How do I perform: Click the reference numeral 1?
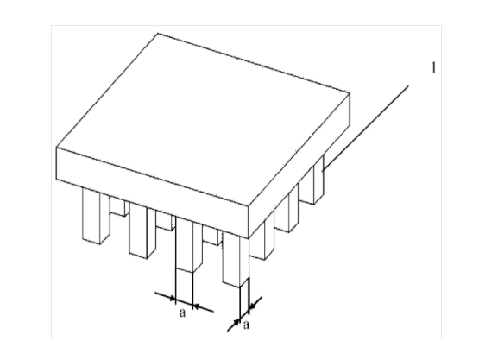point(434,68)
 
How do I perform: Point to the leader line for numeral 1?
point(366,128)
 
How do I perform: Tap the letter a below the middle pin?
point(182,313)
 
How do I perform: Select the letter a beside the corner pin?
point(246,325)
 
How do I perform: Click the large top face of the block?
point(203,119)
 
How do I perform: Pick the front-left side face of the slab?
point(152,193)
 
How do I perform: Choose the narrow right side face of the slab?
point(299,165)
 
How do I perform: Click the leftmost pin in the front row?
point(96,216)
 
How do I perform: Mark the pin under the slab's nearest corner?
point(236,260)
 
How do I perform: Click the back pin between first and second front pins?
point(117,206)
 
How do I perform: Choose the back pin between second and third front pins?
point(165,221)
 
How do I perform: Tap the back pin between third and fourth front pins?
point(211,235)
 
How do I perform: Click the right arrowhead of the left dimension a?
point(198,306)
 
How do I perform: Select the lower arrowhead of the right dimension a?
point(236,322)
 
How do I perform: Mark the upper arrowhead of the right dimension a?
point(253,306)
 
